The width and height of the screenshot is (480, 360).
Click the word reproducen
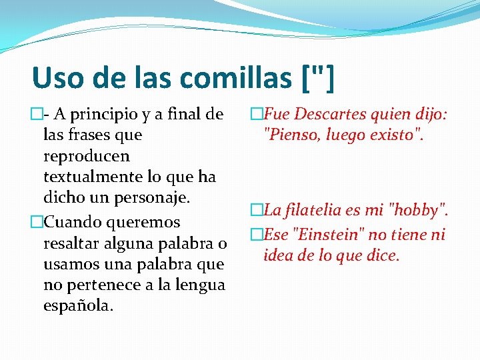[x=86, y=156]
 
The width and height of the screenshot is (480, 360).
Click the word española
[x=77, y=306]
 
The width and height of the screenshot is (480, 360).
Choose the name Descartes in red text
[x=325, y=115]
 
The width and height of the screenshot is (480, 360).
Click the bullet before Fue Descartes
[x=256, y=115]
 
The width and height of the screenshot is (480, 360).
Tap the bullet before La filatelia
[x=256, y=211]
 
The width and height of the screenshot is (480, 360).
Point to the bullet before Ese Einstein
[x=256, y=234]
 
